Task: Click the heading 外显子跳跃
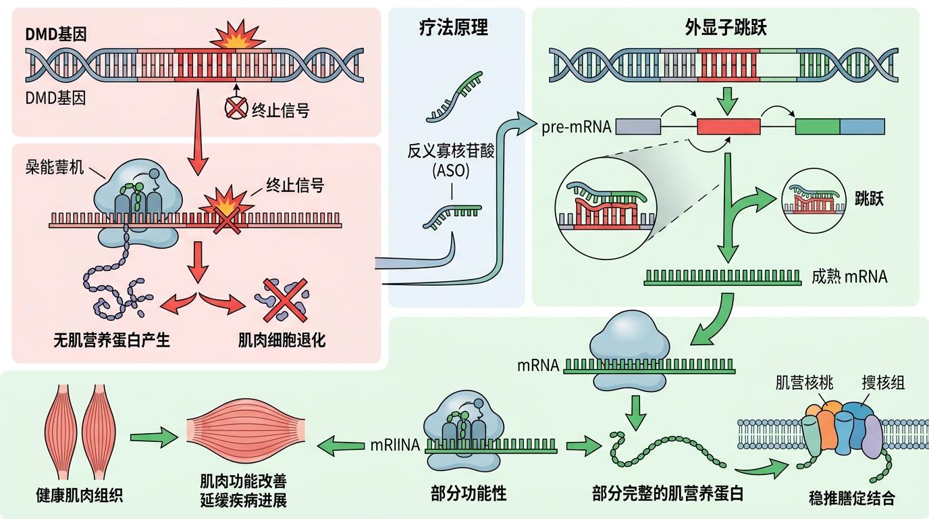click(x=725, y=28)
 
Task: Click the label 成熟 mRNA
click(x=849, y=276)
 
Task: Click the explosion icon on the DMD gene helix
click(x=234, y=39)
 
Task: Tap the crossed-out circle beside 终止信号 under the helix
click(x=236, y=109)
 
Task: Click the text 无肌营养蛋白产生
click(x=111, y=341)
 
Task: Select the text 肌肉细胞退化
click(x=282, y=341)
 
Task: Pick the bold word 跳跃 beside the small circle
click(x=869, y=199)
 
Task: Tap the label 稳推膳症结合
click(x=851, y=499)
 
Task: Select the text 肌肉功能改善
click(x=243, y=482)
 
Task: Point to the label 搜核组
click(x=882, y=383)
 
